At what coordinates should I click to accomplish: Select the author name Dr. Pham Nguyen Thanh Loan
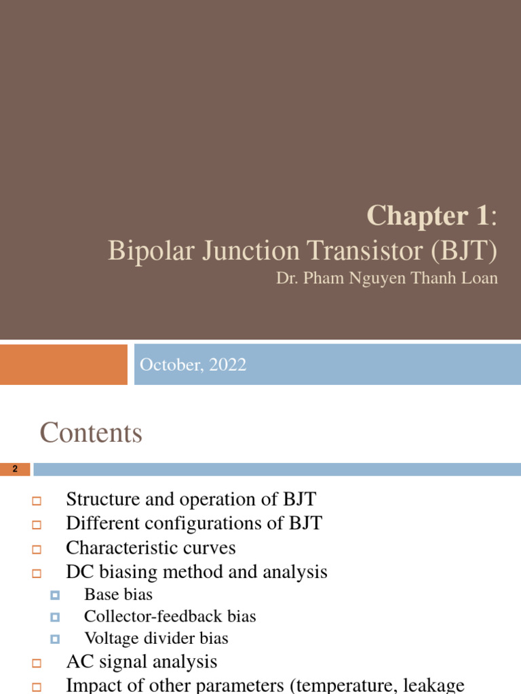387,279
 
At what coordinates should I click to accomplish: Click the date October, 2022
193,365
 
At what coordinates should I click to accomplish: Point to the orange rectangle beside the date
63,364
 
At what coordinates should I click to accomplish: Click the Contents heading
91,432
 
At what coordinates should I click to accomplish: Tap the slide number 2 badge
15,469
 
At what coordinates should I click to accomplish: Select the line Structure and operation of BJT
191,500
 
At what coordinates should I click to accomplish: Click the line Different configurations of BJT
194,524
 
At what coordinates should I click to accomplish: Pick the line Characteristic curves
151,548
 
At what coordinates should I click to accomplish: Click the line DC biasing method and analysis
197,572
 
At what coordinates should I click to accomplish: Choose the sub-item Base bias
118,595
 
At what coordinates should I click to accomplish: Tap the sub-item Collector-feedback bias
170,617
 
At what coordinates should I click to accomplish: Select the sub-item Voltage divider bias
156,638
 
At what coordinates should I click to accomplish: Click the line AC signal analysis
141,661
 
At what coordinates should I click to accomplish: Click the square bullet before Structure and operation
37,502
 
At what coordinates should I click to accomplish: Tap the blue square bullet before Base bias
55,596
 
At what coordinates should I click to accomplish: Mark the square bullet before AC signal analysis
37,663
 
